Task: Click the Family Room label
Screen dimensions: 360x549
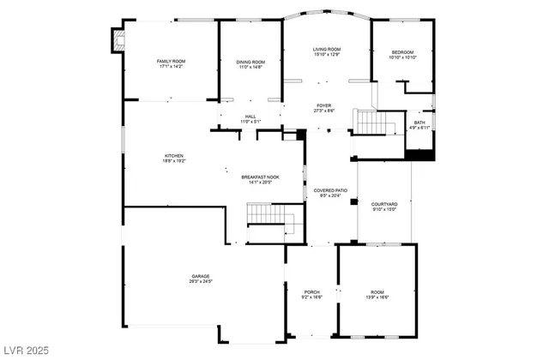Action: [x=171, y=63]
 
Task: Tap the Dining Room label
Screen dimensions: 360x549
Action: [x=250, y=63]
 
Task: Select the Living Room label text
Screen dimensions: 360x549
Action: [x=326, y=51]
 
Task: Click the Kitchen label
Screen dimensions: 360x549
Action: [x=174, y=157]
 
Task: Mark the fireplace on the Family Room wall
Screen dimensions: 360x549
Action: [x=117, y=42]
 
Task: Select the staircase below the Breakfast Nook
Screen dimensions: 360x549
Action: [x=263, y=215]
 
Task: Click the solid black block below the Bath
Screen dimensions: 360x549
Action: [x=419, y=155]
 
